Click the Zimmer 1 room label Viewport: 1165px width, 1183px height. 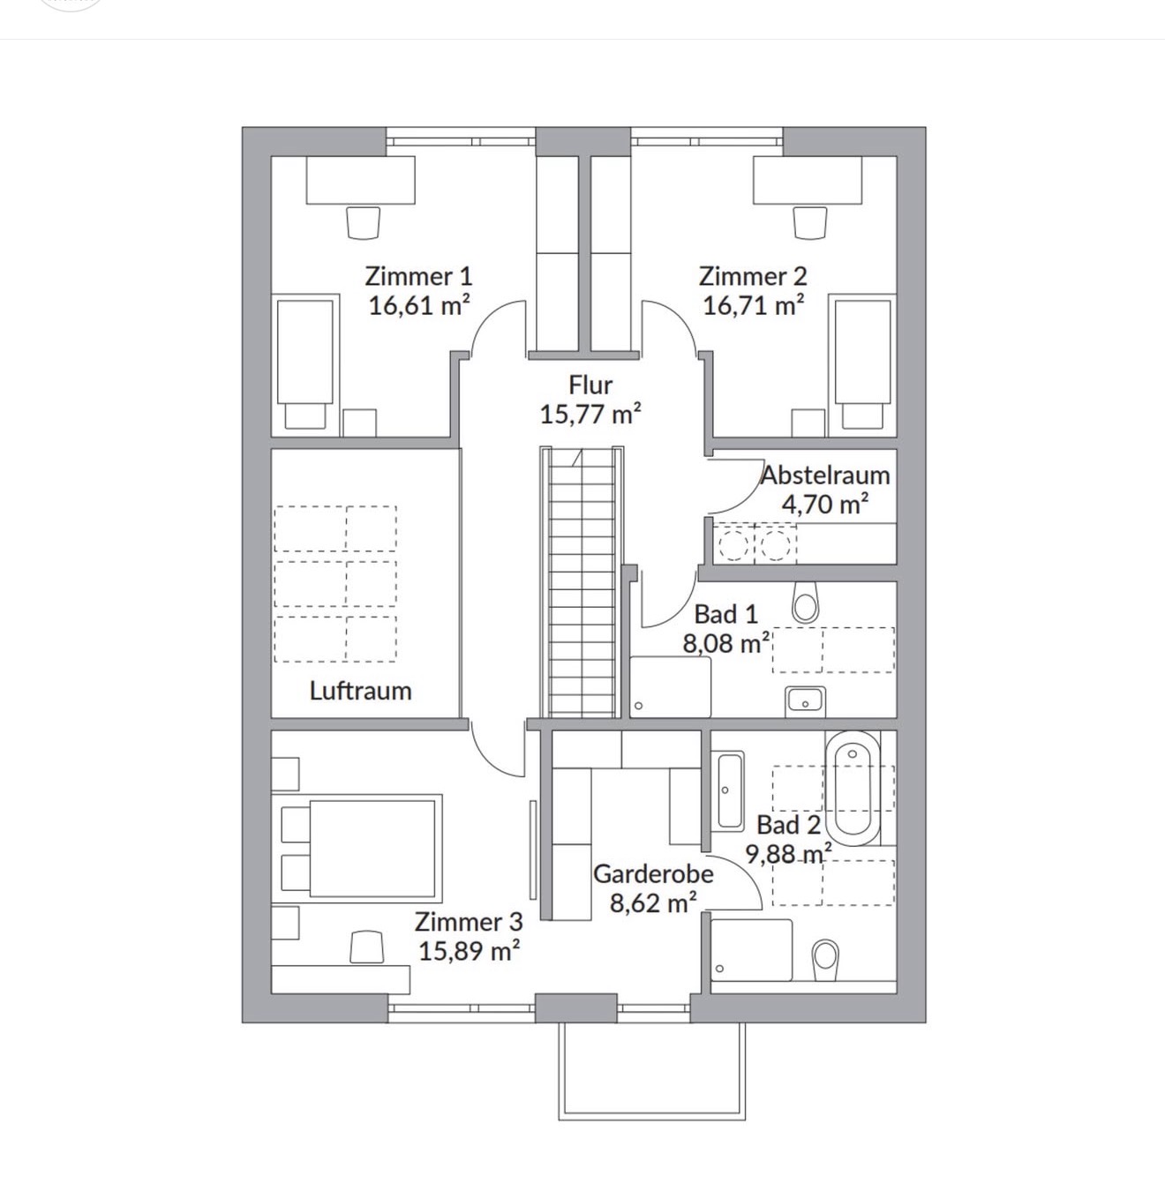(418, 276)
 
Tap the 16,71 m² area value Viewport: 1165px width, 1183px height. (754, 305)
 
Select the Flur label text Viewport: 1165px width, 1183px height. (590, 385)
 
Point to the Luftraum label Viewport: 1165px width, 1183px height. (360, 691)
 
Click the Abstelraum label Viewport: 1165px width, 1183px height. (825, 475)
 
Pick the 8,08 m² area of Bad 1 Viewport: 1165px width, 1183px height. (725, 643)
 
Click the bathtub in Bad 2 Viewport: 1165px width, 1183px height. (853, 790)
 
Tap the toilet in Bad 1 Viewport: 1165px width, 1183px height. (806, 603)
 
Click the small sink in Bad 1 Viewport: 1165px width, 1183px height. (805, 701)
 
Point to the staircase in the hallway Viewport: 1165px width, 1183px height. (582, 581)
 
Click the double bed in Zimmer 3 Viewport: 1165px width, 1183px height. (357, 849)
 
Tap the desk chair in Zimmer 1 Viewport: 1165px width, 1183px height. (363, 223)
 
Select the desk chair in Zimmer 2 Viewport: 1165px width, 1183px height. (810, 223)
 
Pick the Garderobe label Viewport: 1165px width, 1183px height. (653, 874)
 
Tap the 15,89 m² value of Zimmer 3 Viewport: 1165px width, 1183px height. (469, 951)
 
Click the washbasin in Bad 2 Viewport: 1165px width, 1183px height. (727, 790)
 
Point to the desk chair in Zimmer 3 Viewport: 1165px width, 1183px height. (367, 947)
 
